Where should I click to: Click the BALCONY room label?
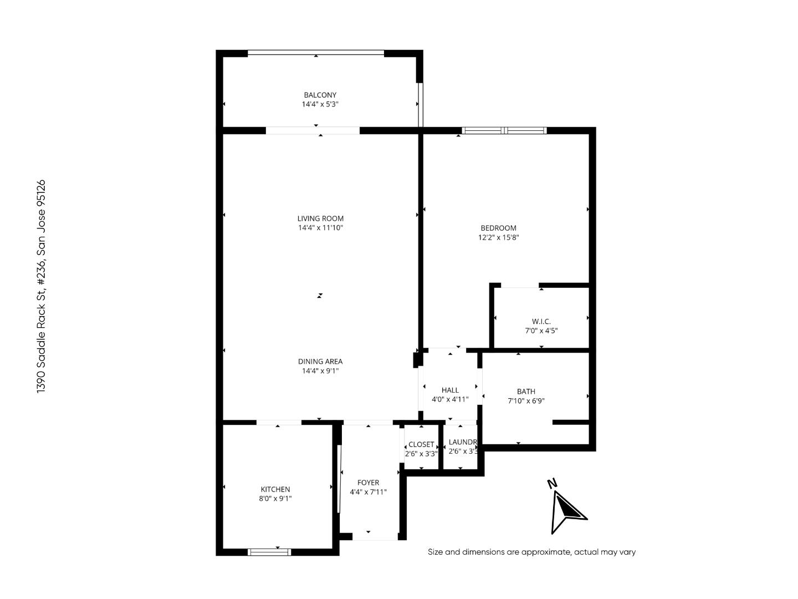click(x=320, y=95)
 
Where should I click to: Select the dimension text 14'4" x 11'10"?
click(x=320, y=228)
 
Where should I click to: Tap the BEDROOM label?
click(x=498, y=228)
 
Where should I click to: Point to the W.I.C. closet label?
click(x=541, y=321)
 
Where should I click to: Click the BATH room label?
click(x=526, y=392)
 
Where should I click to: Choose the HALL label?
click(x=450, y=390)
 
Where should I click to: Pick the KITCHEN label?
click(x=275, y=489)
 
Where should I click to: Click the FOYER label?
click(x=368, y=483)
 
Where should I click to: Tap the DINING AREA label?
click(x=320, y=362)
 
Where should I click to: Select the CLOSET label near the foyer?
click(x=421, y=444)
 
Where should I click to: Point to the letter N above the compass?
click(x=552, y=483)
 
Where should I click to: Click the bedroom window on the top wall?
click(x=504, y=131)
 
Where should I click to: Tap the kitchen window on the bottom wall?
click(x=269, y=552)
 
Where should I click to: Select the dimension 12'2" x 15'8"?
click(x=498, y=237)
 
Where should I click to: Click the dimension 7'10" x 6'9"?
click(x=526, y=401)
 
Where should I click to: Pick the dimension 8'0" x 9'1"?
click(x=275, y=499)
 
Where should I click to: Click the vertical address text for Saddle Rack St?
click(x=40, y=286)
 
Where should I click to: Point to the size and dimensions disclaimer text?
click(x=531, y=552)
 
